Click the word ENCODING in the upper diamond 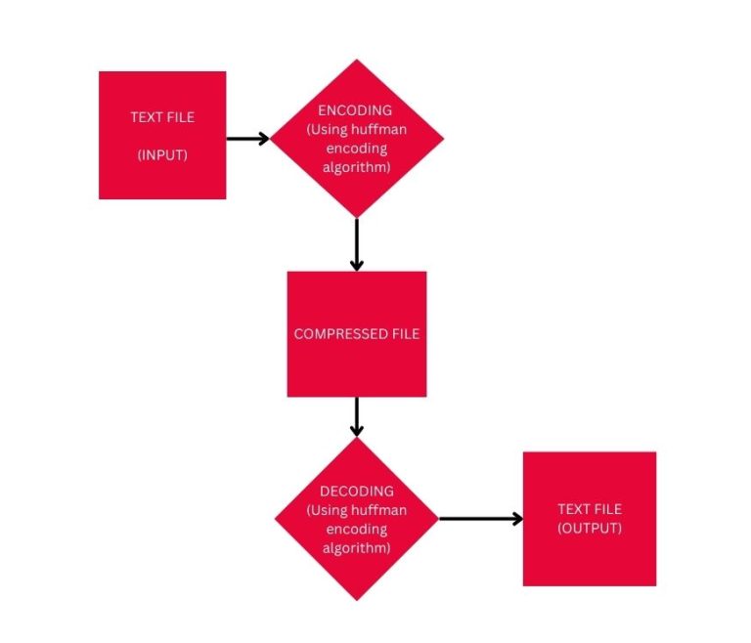[356, 110]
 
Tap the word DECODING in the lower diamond [356, 491]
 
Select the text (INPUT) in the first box [162, 154]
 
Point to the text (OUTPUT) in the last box [590, 528]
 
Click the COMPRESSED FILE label [357, 334]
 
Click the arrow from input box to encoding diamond [247, 139]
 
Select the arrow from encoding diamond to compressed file [356, 244]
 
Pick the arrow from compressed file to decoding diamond [356, 416]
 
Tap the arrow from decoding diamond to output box [481, 519]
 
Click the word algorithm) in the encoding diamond [356, 168]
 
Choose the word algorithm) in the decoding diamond [356, 548]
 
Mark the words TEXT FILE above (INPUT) [162, 117]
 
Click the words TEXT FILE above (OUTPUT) [590, 509]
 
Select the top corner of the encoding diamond [357, 62]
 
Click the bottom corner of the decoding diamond [357, 599]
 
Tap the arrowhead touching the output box [516, 519]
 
